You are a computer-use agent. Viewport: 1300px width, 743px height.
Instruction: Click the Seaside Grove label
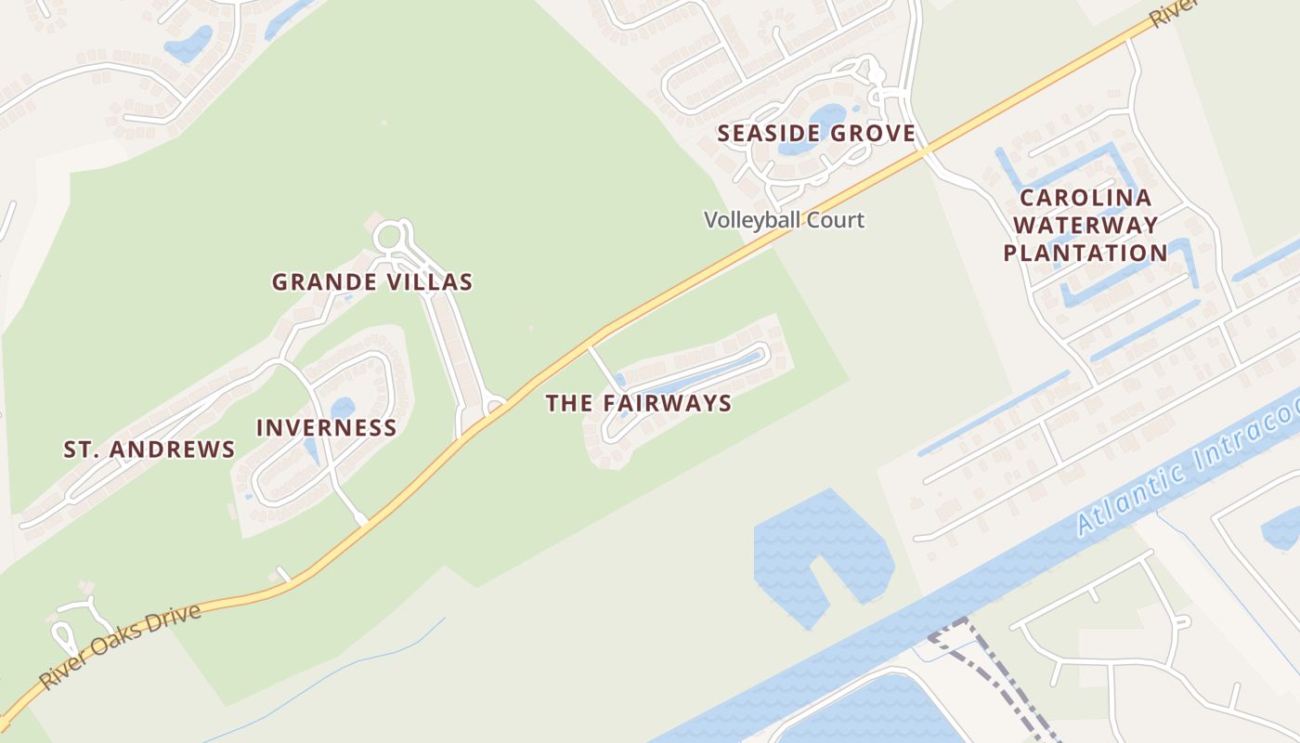tap(816, 134)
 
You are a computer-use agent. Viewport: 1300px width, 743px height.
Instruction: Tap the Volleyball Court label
tap(784, 220)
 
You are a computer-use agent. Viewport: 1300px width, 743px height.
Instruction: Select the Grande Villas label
tap(372, 281)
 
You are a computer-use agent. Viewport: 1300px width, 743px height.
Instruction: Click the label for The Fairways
tap(638, 403)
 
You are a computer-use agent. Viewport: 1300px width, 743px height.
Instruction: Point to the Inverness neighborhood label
tap(326, 427)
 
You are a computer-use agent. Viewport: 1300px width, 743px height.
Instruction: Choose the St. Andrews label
tap(149, 450)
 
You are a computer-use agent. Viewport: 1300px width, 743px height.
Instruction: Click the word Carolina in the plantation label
tap(1085, 198)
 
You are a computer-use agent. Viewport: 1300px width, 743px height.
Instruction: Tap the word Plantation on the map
tap(1085, 253)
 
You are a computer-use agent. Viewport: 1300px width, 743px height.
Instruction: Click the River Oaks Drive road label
tap(121, 647)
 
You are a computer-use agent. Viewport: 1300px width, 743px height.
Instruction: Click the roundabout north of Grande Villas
tap(390, 238)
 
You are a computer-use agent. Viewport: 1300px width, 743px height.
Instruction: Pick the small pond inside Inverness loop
tap(343, 408)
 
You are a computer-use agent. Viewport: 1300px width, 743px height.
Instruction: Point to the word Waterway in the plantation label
tap(1085, 225)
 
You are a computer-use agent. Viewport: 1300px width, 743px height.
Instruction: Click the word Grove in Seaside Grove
tap(873, 134)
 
